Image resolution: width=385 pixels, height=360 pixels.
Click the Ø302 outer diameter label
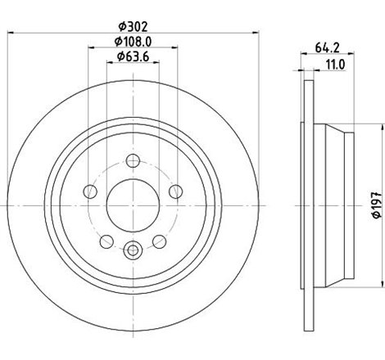tap(132, 25)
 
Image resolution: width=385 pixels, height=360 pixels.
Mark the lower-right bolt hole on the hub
tap(158, 241)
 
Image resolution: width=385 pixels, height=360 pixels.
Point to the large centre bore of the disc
tap(132, 200)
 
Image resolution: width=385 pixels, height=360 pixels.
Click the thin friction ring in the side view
tap(307, 199)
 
